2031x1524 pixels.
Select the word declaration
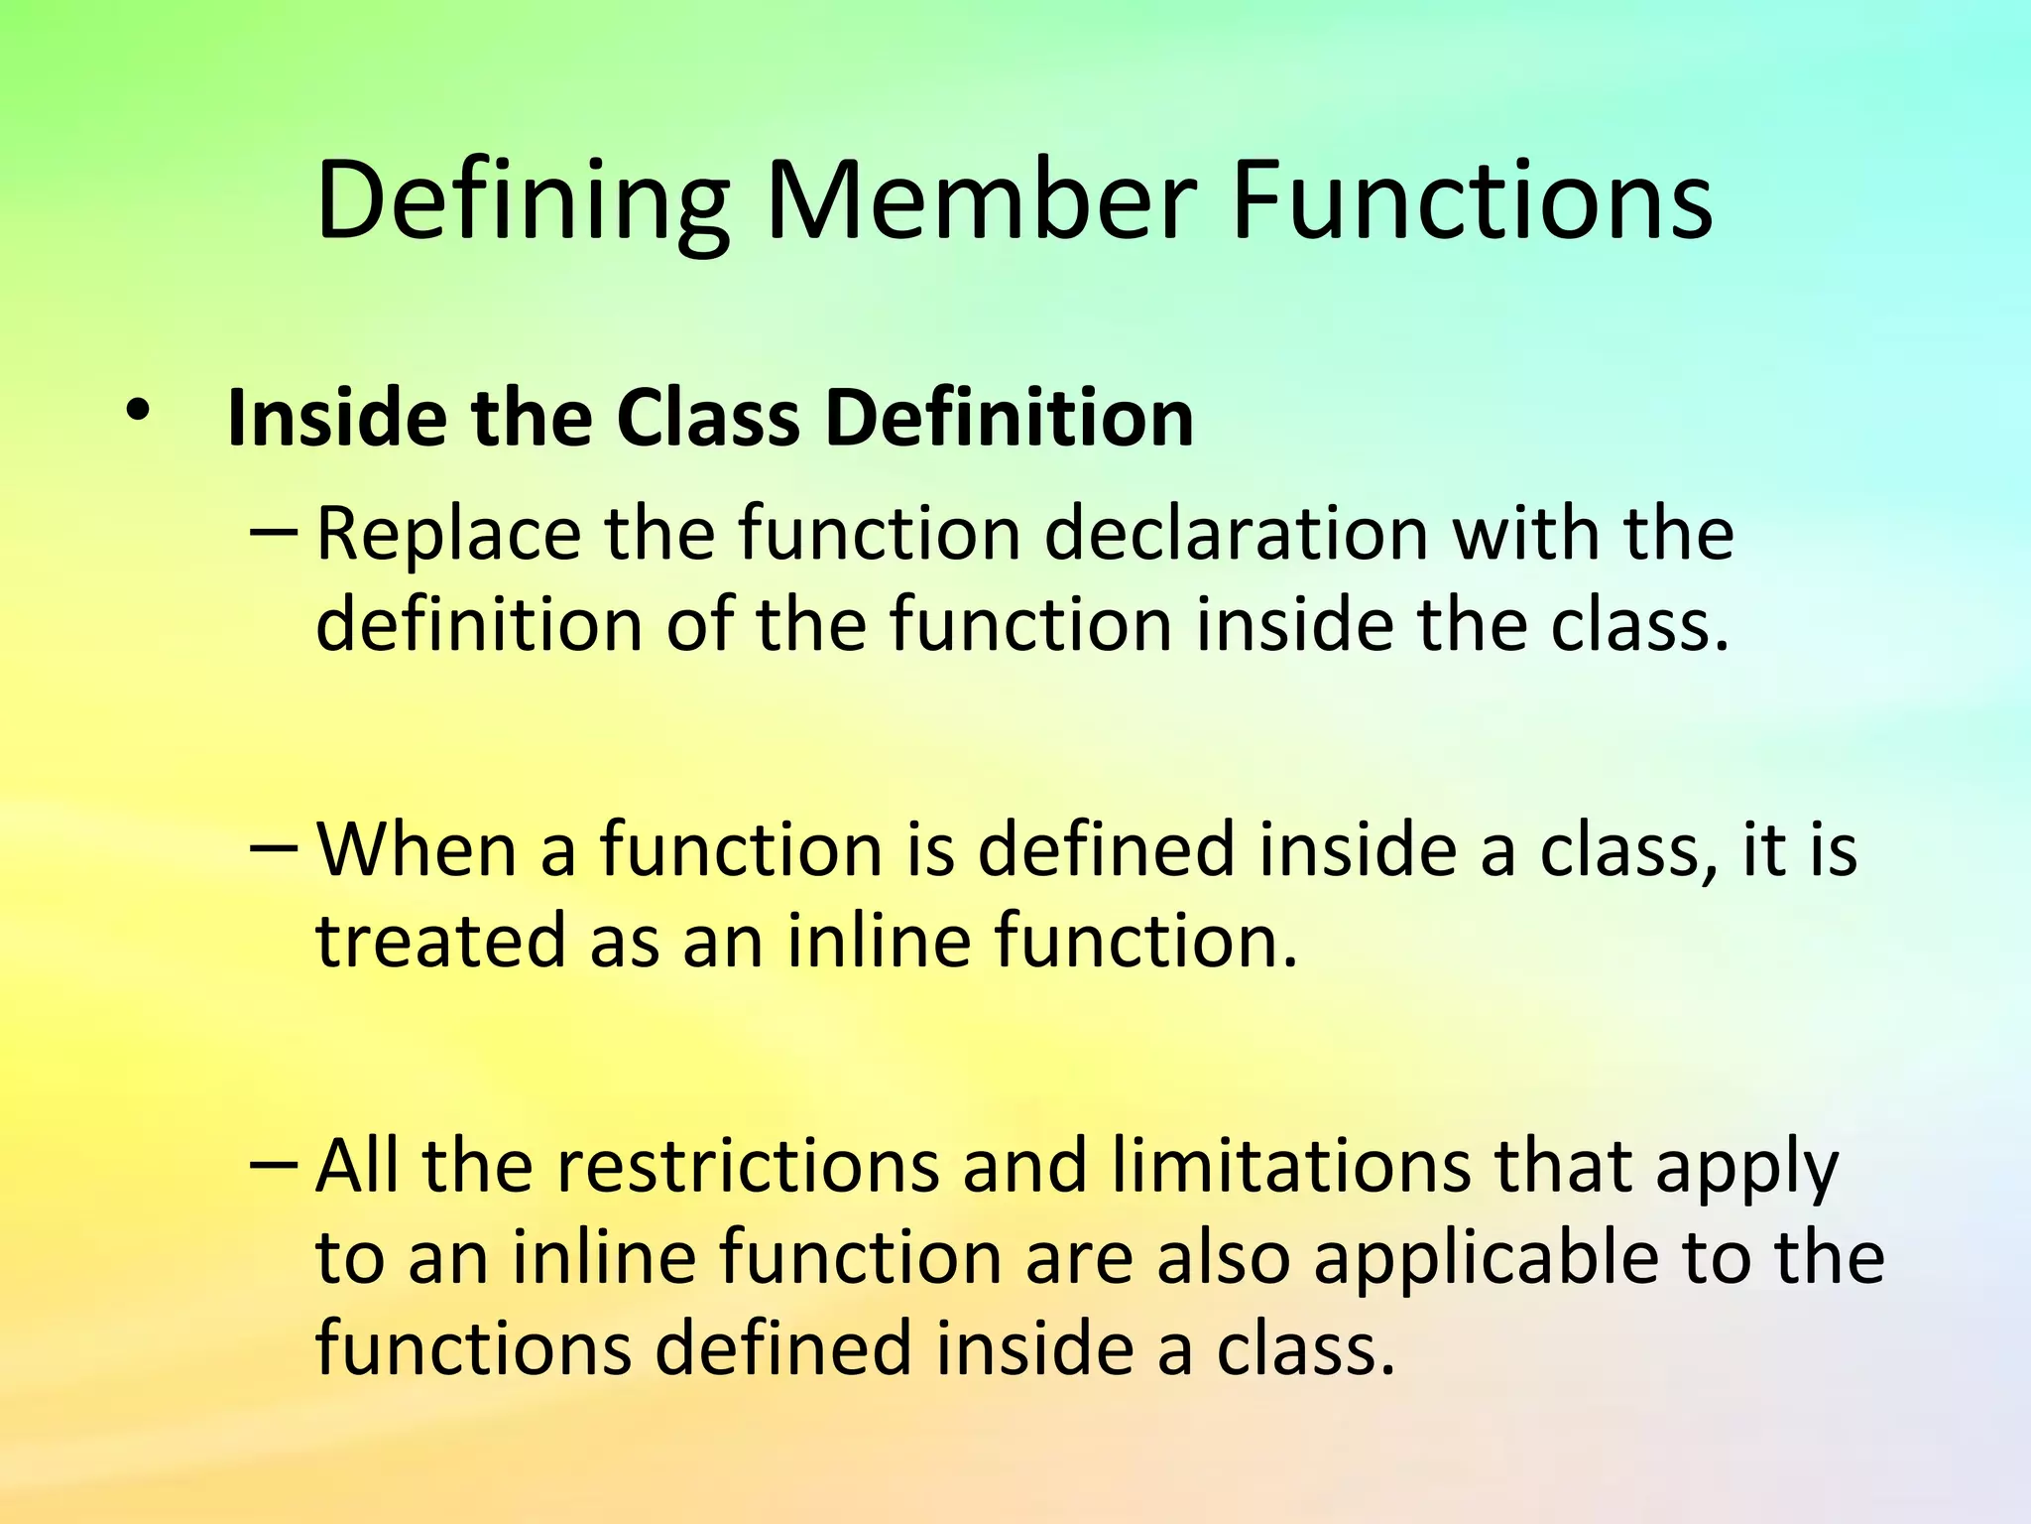pyautogui.click(x=1236, y=534)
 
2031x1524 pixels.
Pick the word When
pyautogui.click(x=417, y=851)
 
